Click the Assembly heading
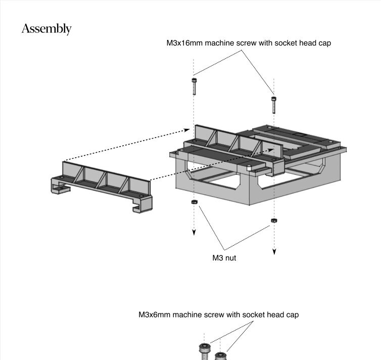point(46,29)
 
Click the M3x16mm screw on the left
point(194,86)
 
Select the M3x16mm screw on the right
point(274,105)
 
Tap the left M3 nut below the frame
point(194,202)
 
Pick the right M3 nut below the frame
point(274,220)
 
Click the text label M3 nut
point(224,258)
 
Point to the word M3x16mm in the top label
point(184,43)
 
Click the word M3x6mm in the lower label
point(154,315)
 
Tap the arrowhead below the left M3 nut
point(194,233)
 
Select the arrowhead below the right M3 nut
point(274,252)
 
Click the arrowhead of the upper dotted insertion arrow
point(187,130)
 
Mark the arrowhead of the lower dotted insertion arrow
point(271,150)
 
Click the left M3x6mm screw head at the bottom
point(205,348)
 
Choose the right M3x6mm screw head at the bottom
point(220,356)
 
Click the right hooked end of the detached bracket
point(142,204)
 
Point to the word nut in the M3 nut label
point(231,258)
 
